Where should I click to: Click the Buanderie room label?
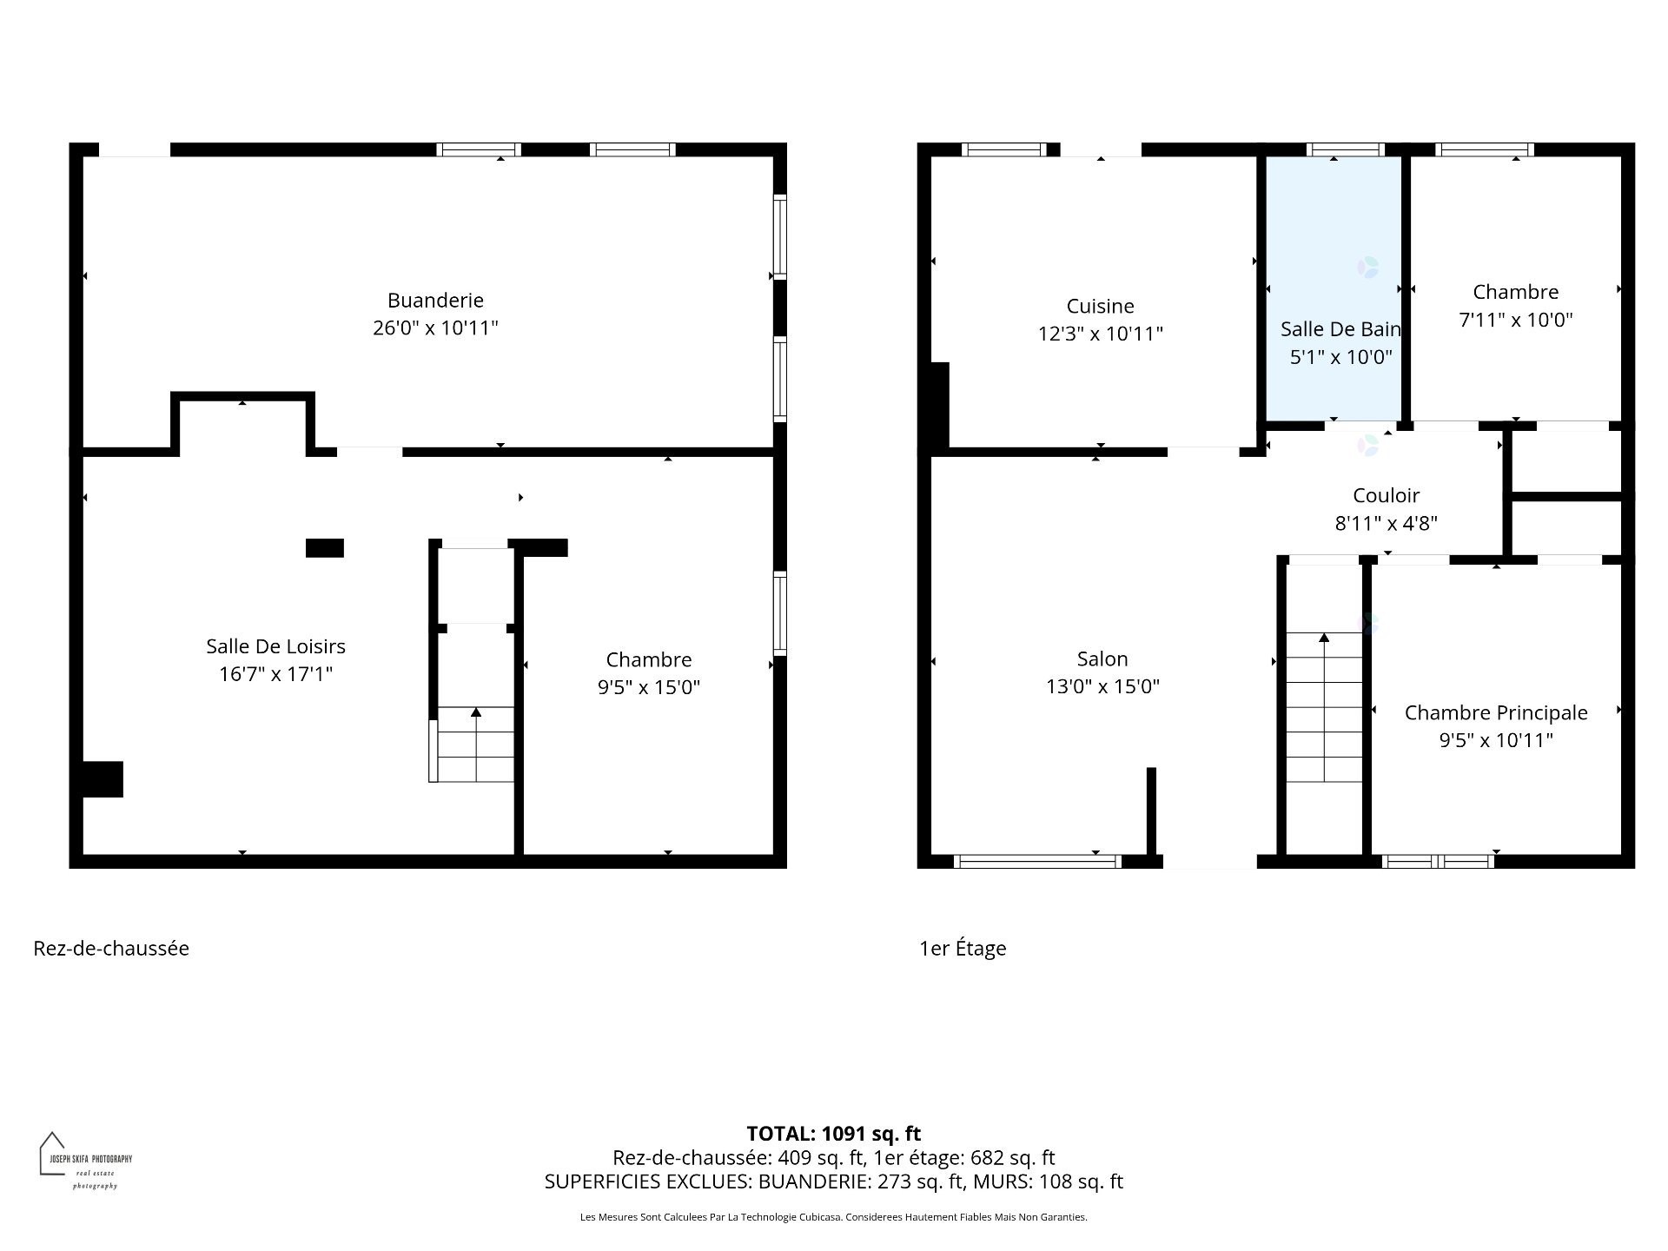[x=435, y=301]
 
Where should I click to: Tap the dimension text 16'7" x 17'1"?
[x=275, y=674]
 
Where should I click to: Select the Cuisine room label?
[x=1100, y=307]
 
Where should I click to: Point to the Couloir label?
[x=1386, y=496]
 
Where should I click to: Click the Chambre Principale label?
[x=1495, y=713]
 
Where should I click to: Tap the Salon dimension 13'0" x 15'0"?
[x=1102, y=686]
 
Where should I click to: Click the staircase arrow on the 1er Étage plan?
[x=1324, y=639]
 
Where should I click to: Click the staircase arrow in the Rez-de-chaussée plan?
[x=476, y=713]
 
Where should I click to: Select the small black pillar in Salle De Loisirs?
[x=325, y=548]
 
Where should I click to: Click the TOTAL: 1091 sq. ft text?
[x=833, y=1134]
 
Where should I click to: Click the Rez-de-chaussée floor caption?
[x=111, y=949]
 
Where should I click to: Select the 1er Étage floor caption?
[x=963, y=949]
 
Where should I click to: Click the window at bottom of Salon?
[x=1036, y=862]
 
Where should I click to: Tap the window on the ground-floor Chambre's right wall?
[x=780, y=613]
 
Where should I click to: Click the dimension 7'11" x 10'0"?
[x=1515, y=320]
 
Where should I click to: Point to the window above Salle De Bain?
[x=1345, y=149]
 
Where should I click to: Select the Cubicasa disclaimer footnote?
[x=833, y=1217]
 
